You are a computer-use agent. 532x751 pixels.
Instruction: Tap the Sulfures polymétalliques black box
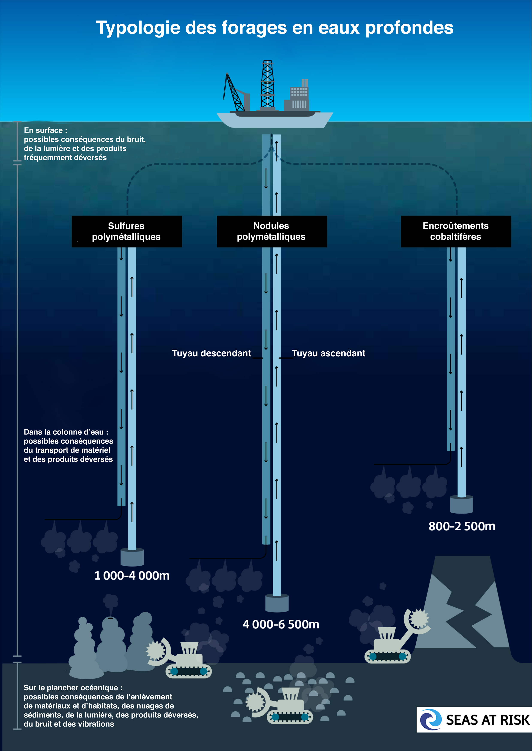click(x=126, y=231)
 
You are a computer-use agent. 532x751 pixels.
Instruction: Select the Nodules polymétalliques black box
click(x=272, y=231)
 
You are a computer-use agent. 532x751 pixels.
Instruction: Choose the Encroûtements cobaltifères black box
click(x=456, y=231)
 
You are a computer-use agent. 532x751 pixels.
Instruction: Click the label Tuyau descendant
click(x=211, y=353)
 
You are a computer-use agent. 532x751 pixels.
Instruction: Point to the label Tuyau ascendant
click(x=328, y=353)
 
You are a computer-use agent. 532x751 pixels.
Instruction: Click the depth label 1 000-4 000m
click(x=132, y=576)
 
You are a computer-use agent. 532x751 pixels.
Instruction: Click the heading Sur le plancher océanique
click(x=73, y=688)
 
